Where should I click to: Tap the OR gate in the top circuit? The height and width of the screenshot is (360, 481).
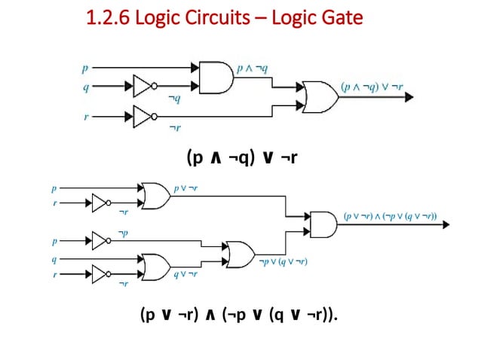tap(317, 95)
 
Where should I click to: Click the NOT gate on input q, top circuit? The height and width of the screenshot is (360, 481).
tap(144, 86)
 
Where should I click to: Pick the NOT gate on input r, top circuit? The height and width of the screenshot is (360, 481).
tap(144, 116)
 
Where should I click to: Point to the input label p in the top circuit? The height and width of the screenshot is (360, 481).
tap(84, 69)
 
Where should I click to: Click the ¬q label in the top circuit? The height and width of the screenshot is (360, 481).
tap(173, 98)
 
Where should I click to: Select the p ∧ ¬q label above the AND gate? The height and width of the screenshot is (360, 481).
tap(251, 69)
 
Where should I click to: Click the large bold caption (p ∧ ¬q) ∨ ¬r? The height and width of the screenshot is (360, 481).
tap(240, 157)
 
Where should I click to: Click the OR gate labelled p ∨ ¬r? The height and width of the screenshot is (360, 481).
tap(155, 195)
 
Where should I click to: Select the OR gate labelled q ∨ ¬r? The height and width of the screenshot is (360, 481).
tap(155, 265)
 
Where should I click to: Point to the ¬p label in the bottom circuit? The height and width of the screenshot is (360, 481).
tap(123, 233)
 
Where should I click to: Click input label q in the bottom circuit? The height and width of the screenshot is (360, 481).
tap(54, 259)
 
